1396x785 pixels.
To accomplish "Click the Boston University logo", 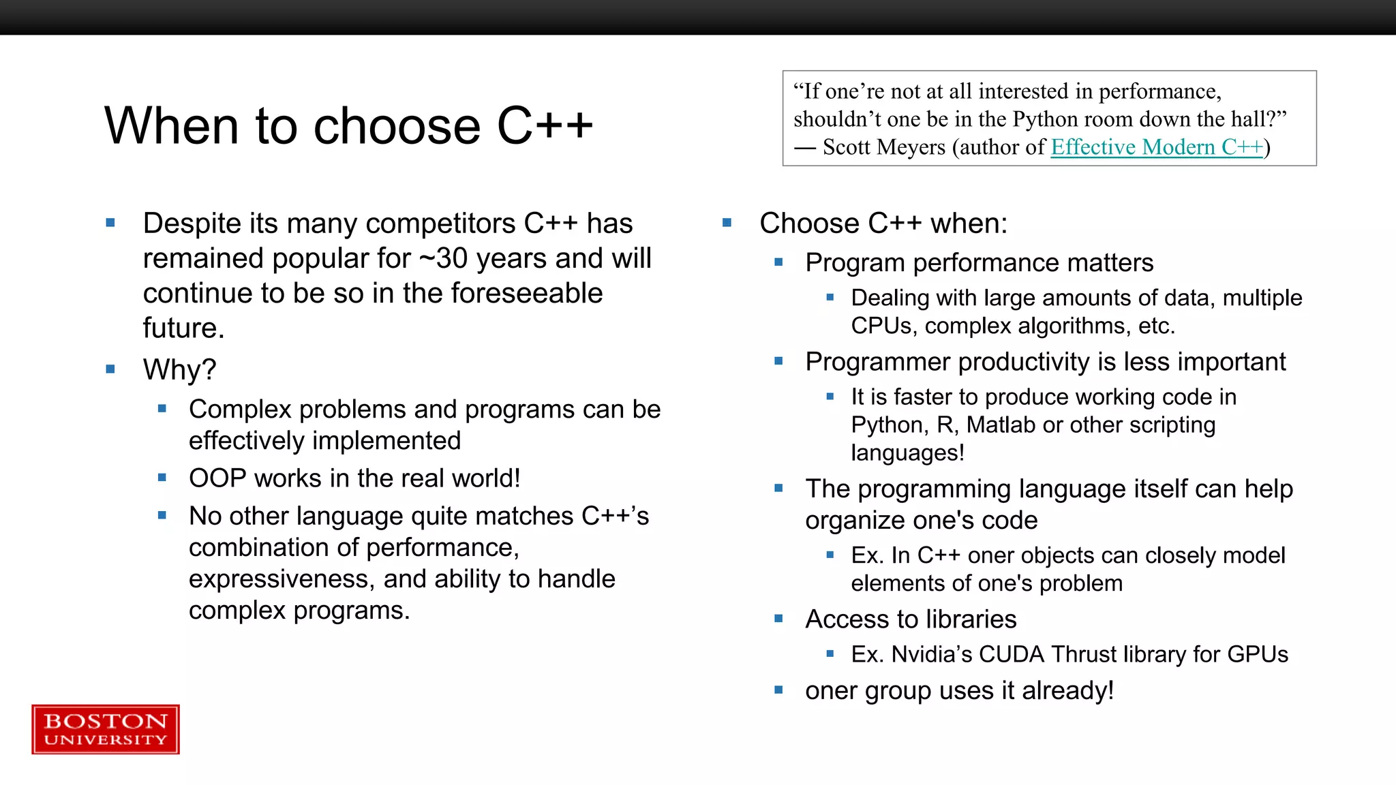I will coord(106,729).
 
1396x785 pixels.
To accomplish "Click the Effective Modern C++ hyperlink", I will coord(1157,147).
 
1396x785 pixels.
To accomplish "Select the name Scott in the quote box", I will coord(846,147).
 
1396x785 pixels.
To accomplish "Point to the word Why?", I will coord(179,370).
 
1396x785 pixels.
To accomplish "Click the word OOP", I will coord(217,478).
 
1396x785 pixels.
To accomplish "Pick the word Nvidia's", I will coord(932,654).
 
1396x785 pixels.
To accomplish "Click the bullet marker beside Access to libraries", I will coord(778,619).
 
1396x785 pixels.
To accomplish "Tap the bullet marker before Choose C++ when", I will coord(727,223).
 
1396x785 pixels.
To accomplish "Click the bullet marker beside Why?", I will coord(110,369).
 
